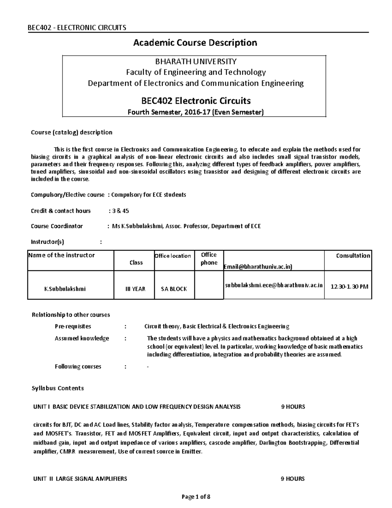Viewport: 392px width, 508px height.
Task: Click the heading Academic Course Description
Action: click(x=195, y=43)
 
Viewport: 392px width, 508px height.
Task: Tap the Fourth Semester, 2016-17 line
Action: click(x=195, y=112)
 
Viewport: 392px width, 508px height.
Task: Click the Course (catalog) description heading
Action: click(x=72, y=132)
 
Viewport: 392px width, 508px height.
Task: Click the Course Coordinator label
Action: click(x=57, y=226)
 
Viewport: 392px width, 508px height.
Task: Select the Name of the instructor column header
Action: click(x=61, y=255)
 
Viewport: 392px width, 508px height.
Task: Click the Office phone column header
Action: click(x=209, y=259)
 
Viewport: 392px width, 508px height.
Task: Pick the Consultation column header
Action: click(x=353, y=256)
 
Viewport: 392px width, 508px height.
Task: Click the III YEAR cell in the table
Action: click(x=136, y=289)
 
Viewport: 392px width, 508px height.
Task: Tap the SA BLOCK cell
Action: click(x=174, y=289)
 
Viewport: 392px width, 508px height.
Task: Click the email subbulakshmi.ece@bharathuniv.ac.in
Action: click(x=274, y=285)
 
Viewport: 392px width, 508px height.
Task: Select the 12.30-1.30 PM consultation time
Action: click(x=349, y=287)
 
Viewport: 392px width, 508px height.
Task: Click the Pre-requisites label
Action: click(x=73, y=326)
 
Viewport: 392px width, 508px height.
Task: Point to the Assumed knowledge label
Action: click(x=82, y=339)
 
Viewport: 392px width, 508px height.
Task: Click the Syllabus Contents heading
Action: click(x=57, y=388)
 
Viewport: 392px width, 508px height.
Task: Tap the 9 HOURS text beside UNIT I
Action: click(x=293, y=407)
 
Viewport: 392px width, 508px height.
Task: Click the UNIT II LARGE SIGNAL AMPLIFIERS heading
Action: click(x=80, y=479)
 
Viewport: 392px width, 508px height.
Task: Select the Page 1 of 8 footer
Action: click(x=196, y=497)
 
